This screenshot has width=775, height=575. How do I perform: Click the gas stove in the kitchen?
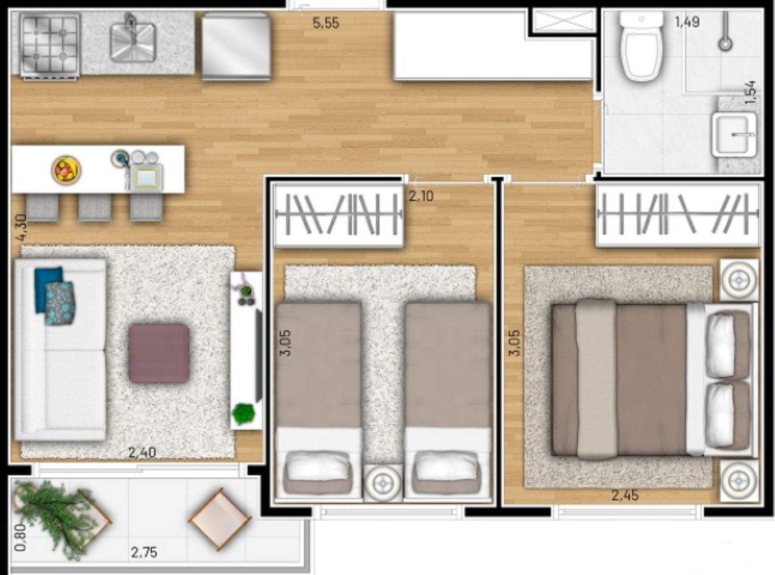(49, 44)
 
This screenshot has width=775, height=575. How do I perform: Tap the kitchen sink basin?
(133, 42)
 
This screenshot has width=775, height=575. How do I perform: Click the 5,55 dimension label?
(326, 23)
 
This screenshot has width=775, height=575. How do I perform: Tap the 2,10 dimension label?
(421, 196)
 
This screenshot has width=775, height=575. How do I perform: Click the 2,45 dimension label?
(624, 495)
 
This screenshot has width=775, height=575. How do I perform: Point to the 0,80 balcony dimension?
(20, 537)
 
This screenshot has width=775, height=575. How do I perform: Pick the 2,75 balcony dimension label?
(144, 552)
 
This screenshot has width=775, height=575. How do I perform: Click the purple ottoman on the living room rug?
(158, 353)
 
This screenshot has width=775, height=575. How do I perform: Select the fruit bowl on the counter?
(66, 170)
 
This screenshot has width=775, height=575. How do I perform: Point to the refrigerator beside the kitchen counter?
(236, 45)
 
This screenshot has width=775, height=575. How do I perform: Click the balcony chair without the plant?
(219, 519)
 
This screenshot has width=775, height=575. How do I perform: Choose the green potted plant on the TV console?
(243, 414)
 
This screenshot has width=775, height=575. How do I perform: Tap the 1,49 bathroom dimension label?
(687, 22)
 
